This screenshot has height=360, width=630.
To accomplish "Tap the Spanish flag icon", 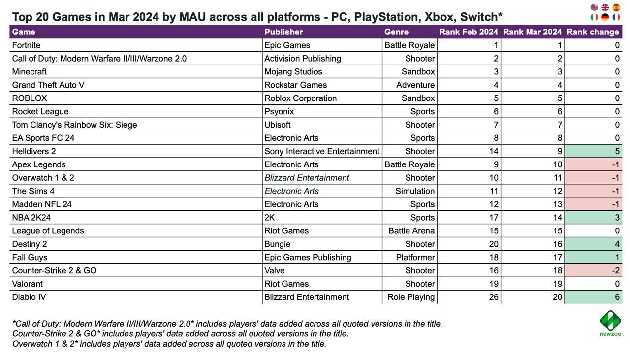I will (616, 7).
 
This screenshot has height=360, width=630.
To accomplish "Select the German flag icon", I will (605, 17).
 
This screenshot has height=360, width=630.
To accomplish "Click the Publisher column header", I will (283, 32).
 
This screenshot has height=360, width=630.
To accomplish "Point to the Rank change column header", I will (593, 32).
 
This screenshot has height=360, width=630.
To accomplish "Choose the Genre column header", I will (396, 32).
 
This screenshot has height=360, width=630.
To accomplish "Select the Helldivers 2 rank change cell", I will (593, 151).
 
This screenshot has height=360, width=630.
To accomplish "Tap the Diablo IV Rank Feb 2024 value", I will (493, 297).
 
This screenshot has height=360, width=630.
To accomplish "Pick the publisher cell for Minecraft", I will (293, 72).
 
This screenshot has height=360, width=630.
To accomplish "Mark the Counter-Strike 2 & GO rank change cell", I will (593, 270).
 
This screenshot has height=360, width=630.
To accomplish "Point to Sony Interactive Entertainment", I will (322, 151).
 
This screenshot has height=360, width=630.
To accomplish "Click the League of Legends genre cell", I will (411, 231).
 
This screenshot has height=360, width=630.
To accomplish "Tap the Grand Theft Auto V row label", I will (48, 85).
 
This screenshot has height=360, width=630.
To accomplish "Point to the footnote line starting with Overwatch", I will (169, 344).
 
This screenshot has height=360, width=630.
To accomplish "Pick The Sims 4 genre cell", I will (415, 191).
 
